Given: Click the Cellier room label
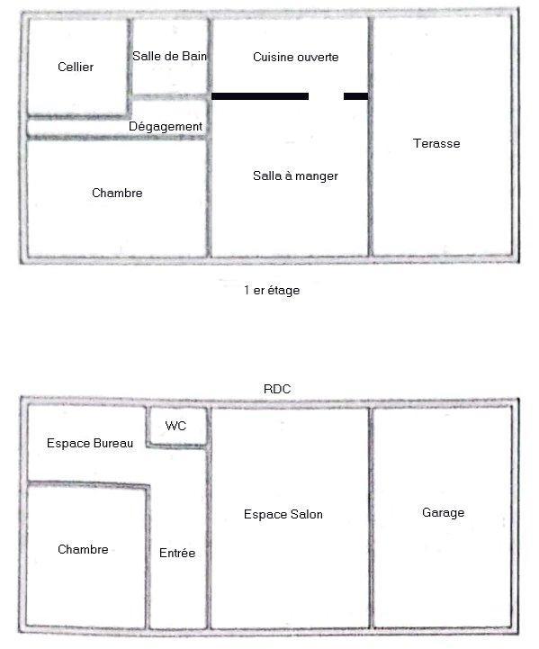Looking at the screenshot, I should (76, 67).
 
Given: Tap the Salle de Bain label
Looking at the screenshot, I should (169, 56).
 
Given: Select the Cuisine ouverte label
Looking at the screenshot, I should (295, 57).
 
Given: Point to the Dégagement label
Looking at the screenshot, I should (166, 127).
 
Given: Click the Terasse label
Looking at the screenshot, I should (436, 144).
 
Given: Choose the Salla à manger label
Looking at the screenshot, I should (295, 176).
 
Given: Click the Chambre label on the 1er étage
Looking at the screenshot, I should (117, 194).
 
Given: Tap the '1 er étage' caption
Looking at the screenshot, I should (272, 291).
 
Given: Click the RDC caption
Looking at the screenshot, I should (278, 389).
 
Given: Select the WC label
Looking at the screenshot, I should (176, 426).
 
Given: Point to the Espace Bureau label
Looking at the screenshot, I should (89, 444).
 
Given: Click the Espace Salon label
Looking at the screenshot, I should (283, 515).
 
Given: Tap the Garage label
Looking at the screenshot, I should (443, 513).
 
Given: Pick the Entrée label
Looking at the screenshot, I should (177, 554).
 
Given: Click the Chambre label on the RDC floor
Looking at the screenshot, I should (83, 550).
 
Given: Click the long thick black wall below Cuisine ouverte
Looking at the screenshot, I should (260, 95).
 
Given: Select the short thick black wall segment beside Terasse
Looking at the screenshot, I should (356, 95).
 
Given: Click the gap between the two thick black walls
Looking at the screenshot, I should (327, 95).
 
